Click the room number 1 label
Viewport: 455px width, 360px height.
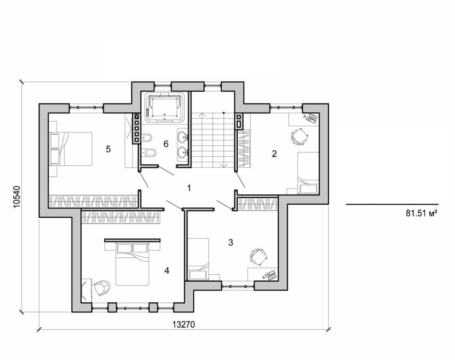tap(189, 188)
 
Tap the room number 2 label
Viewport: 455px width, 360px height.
tap(274, 154)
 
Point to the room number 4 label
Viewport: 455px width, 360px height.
tap(166, 270)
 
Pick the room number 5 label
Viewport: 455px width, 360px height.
tap(108, 149)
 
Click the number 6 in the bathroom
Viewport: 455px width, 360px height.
tap(166, 144)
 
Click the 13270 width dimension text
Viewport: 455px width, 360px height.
tap(184, 325)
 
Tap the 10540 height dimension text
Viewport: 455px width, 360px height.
tap(16, 195)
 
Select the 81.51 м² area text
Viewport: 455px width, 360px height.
tap(419, 213)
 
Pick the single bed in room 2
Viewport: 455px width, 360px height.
tap(308, 173)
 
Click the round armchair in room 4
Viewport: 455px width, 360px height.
tap(102, 288)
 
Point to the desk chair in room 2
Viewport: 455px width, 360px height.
tap(299, 136)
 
